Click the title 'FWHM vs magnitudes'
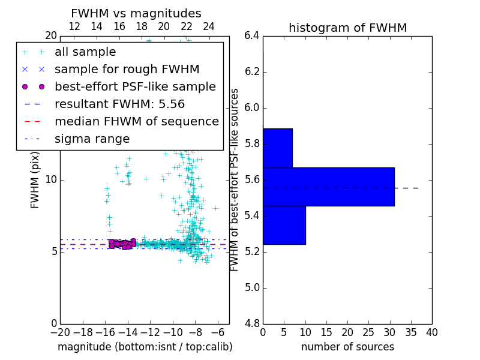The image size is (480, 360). pyautogui.click(x=136, y=13)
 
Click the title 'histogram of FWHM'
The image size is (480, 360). pyautogui.click(x=347, y=28)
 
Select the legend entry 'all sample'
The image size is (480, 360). pyautogui.click(x=85, y=52)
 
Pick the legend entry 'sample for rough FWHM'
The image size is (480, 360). pyautogui.click(x=127, y=69)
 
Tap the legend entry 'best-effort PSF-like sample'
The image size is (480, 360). pyautogui.click(x=135, y=86)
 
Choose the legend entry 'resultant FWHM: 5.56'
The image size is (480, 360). pyautogui.click(x=127, y=104)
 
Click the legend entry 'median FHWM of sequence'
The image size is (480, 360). pyautogui.click(x=136, y=121)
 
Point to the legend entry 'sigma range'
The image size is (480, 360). pyautogui.click(x=92, y=139)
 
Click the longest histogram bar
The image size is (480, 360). pyautogui.click(x=328, y=187)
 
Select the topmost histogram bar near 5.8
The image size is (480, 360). pyautogui.click(x=277, y=148)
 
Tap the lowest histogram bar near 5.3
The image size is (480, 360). pyautogui.click(x=284, y=225)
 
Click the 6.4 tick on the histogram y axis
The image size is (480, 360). pyautogui.click(x=251, y=36)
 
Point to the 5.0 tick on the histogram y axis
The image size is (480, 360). pyautogui.click(x=251, y=287)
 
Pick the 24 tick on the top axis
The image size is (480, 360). pyautogui.click(x=209, y=26)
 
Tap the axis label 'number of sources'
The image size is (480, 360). pyautogui.click(x=347, y=347)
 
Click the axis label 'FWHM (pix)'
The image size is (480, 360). pyautogui.click(x=35, y=179)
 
